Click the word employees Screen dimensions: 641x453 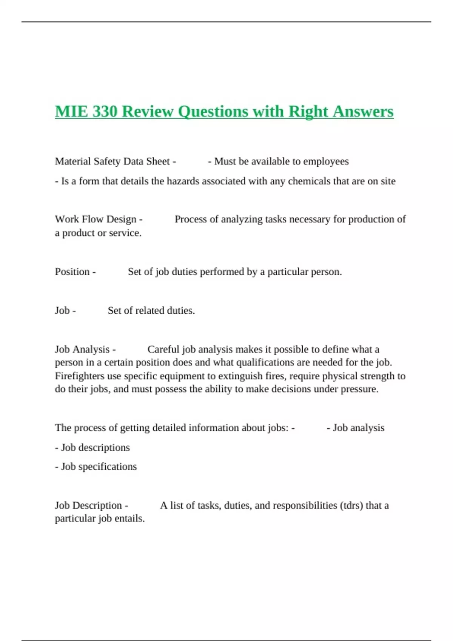326,161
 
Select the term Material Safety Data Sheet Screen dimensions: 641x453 112,161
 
